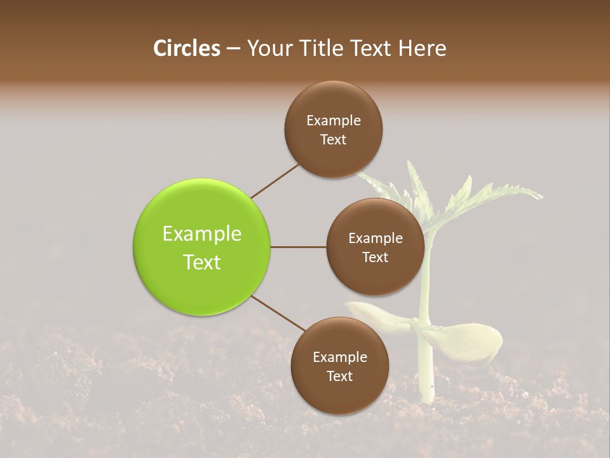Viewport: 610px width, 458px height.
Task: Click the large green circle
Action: (202, 247)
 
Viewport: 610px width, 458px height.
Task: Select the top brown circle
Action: (333, 129)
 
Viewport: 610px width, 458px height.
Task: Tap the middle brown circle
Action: (375, 247)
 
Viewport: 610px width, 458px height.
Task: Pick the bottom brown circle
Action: (339, 366)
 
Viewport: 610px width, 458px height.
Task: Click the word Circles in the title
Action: (187, 48)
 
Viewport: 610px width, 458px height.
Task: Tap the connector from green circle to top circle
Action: (274, 181)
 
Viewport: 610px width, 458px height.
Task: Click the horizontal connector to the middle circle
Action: (299, 247)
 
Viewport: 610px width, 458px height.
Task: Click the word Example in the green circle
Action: (202, 234)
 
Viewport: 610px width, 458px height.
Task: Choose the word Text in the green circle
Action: (202, 262)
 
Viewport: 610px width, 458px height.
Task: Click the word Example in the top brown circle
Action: (334, 121)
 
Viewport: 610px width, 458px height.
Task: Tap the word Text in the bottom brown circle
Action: (339, 376)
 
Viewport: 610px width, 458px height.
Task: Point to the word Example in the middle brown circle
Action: (376, 239)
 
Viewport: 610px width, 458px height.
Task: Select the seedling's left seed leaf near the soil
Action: (375, 313)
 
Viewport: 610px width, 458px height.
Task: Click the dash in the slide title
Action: (233, 49)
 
